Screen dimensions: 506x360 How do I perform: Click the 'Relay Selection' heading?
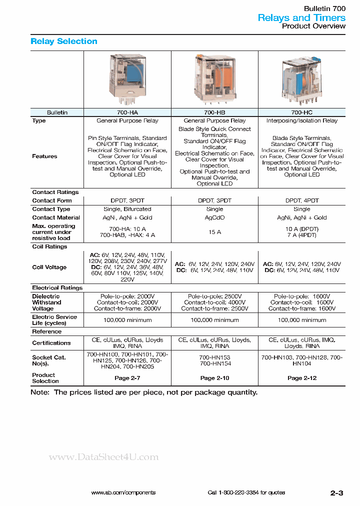[x=64, y=41]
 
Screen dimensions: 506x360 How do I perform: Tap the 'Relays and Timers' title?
[x=301, y=17]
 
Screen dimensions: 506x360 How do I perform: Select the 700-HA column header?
[x=127, y=112]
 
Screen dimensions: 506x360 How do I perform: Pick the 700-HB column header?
[x=214, y=112]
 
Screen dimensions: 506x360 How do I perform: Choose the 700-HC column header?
[x=301, y=112]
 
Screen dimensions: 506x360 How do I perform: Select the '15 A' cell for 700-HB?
[x=214, y=232]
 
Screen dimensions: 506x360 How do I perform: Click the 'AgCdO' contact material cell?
[x=214, y=218]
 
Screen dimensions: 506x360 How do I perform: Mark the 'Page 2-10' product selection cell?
[x=214, y=378]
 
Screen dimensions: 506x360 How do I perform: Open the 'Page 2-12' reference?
[x=301, y=378]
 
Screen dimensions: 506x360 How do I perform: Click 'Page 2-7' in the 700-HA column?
[x=127, y=378]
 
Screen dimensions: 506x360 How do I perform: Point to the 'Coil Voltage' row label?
[x=49, y=267]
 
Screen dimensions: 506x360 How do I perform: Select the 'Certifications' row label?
[x=51, y=343]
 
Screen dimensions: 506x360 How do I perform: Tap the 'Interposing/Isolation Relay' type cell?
[x=301, y=121]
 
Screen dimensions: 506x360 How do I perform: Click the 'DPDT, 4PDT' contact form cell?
[x=301, y=200]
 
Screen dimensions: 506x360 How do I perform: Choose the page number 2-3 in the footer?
[x=336, y=492]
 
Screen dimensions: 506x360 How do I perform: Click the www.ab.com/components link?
[x=123, y=492]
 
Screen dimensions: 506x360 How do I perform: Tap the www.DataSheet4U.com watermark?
[x=103, y=457]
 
